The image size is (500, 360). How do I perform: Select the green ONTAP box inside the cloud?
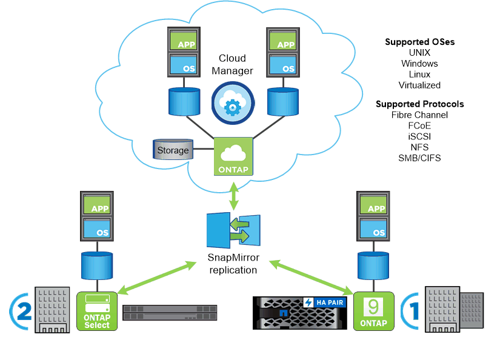[x=233, y=156]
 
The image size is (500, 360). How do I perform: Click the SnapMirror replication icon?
[x=233, y=230]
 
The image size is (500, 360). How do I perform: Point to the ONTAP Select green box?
[x=97, y=311]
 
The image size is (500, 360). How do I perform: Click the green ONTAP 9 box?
[x=374, y=311]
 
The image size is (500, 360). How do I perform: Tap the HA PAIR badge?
[x=325, y=302]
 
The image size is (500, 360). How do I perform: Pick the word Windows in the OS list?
[x=419, y=64]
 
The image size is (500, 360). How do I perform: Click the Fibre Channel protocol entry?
[x=419, y=115]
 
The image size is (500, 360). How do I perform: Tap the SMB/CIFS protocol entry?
[x=419, y=158]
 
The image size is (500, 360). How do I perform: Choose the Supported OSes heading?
[x=419, y=42]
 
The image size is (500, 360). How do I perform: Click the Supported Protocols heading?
[x=419, y=104]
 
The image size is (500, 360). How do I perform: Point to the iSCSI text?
[x=419, y=137]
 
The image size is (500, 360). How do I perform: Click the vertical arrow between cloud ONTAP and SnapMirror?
[x=233, y=192]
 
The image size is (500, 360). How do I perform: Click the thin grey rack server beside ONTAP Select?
[x=170, y=312]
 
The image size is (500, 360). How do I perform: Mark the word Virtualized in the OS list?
[x=419, y=85]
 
